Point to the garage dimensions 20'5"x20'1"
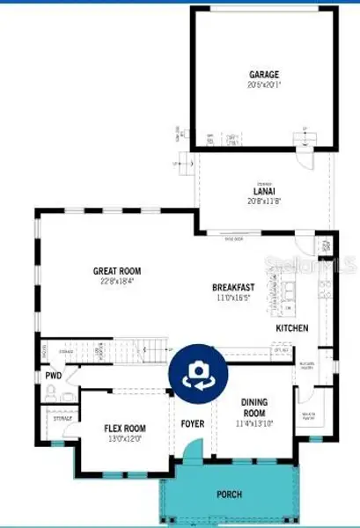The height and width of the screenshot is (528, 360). pyautogui.click(x=263, y=85)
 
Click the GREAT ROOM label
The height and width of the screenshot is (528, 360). pyautogui.click(x=118, y=271)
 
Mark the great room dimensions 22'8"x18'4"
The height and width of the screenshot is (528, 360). pyautogui.click(x=118, y=282)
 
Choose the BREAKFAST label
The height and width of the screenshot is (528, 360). pyautogui.click(x=233, y=288)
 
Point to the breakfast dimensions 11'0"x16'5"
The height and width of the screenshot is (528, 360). pyautogui.click(x=233, y=298)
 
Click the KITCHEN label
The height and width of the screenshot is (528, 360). pyautogui.click(x=292, y=328)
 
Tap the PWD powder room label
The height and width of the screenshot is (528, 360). pyautogui.click(x=53, y=376)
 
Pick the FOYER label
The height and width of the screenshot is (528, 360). pyautogui.click(x=193, y=424)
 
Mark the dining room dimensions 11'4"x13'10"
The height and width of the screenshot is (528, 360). pyautogui.click(x=253, y=423)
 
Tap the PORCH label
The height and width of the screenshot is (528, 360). pyautogui.click(x=230, y=495)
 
